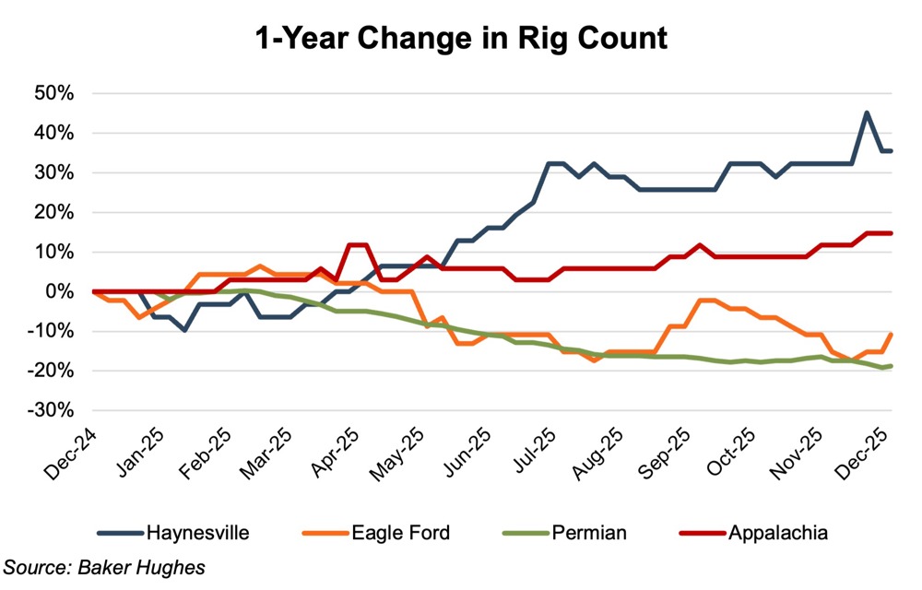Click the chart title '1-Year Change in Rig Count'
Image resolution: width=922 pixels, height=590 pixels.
[x=461, y=39]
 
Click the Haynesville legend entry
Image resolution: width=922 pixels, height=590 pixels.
[x=196, y=532]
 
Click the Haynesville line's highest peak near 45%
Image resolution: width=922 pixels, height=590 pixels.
[x=867, y=113]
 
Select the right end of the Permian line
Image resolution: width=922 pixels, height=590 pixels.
[x=891, y=366]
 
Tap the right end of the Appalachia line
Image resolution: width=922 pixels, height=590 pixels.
[x=891, y=233]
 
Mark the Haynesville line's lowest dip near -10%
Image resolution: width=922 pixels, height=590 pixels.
[x=184, y=329]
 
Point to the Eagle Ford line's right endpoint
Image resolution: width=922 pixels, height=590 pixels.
[x=891, y=334]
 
